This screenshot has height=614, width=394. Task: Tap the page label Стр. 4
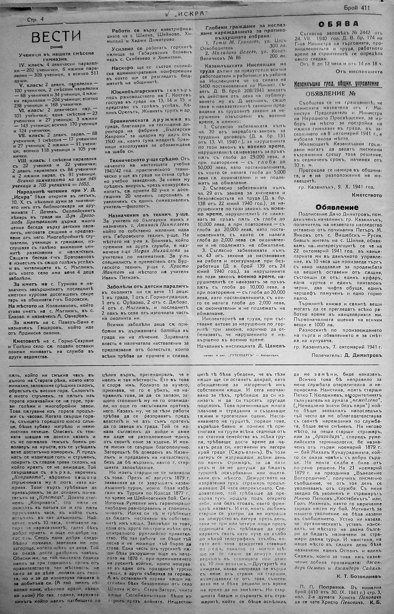coord(35,20)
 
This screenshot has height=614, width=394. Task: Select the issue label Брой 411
coord(357,8)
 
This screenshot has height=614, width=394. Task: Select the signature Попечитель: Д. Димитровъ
coord(346,355)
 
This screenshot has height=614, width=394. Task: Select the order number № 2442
coord(356,33)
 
